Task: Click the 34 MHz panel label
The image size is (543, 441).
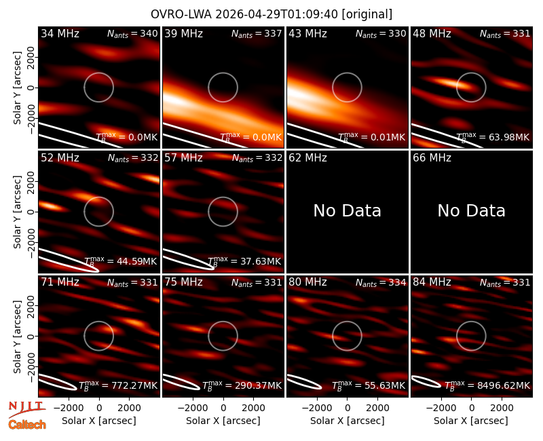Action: click(x=60, y=33)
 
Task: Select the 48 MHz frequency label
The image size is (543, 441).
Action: click(x=432, y=33)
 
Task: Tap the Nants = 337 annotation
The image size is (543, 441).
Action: click(x=257, y=33)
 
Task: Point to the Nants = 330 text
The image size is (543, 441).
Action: click(x=381, y=33)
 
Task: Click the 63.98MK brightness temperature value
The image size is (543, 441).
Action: click(x=509, y=137)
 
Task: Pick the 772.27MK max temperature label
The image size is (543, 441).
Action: click(x=137, y=385)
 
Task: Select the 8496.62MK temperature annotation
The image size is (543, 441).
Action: click(x=504, y=385)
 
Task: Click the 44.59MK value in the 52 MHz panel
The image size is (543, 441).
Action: click(x=137, y=261)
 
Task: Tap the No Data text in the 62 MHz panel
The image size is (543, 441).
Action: click(x=348, y=211)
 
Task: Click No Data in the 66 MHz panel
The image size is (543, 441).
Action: click(x=471, y=211)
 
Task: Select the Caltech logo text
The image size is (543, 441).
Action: click(x=27, y=425)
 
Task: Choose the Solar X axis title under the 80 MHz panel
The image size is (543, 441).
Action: click(x=348, y=421)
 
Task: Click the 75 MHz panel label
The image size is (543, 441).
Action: click(x=183, y=282)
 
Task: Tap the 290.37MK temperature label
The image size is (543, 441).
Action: click(x=261, y=385)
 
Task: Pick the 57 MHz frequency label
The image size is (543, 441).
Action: click(x=183, y=158)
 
